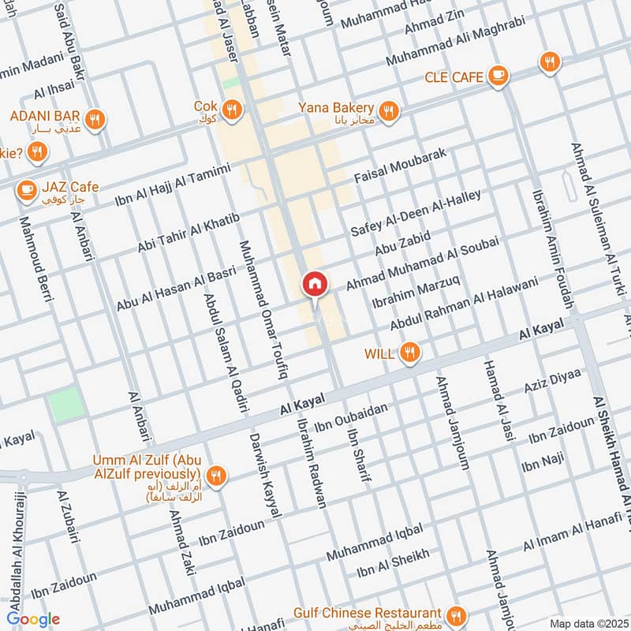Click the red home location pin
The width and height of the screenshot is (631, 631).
click(314, 284)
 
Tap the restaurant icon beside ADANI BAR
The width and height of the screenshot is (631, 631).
click(95, 119)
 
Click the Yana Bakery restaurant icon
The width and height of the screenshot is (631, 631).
click(387, 111)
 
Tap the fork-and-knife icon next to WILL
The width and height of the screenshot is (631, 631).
click(409, 353)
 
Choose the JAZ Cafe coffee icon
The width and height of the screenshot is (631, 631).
click(27, 189)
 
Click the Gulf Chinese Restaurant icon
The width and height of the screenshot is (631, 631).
click(455, 614)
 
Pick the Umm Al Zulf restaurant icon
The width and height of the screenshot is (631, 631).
click(218, 475)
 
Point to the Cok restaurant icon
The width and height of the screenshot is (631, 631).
click(231, 109)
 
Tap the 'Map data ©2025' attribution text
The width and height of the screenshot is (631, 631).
click(588, 623)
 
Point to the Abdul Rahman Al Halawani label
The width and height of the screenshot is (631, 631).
click(464, 303)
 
